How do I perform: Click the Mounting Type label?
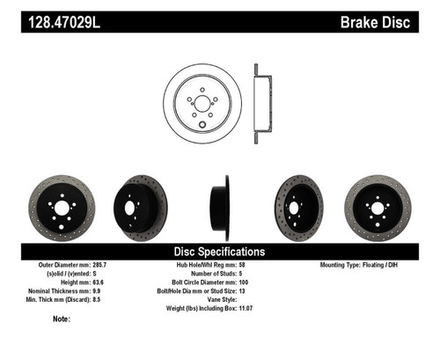click(343, 265)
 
